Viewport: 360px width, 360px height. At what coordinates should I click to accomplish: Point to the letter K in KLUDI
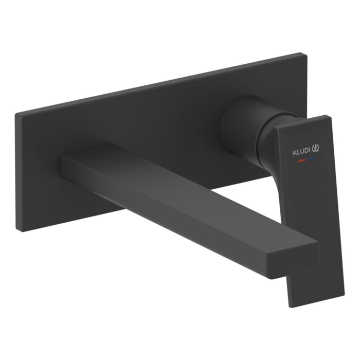tap(295, 153)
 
